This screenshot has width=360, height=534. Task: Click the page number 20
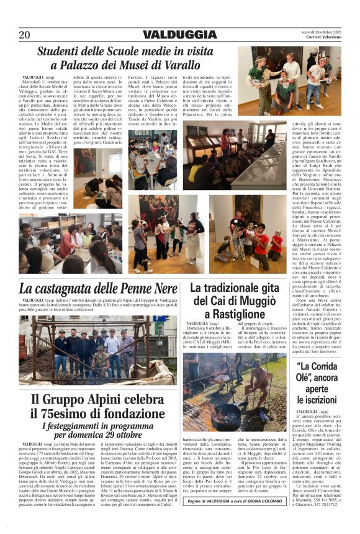[24, 35]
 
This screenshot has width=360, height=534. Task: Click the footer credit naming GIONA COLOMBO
[238, 500]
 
